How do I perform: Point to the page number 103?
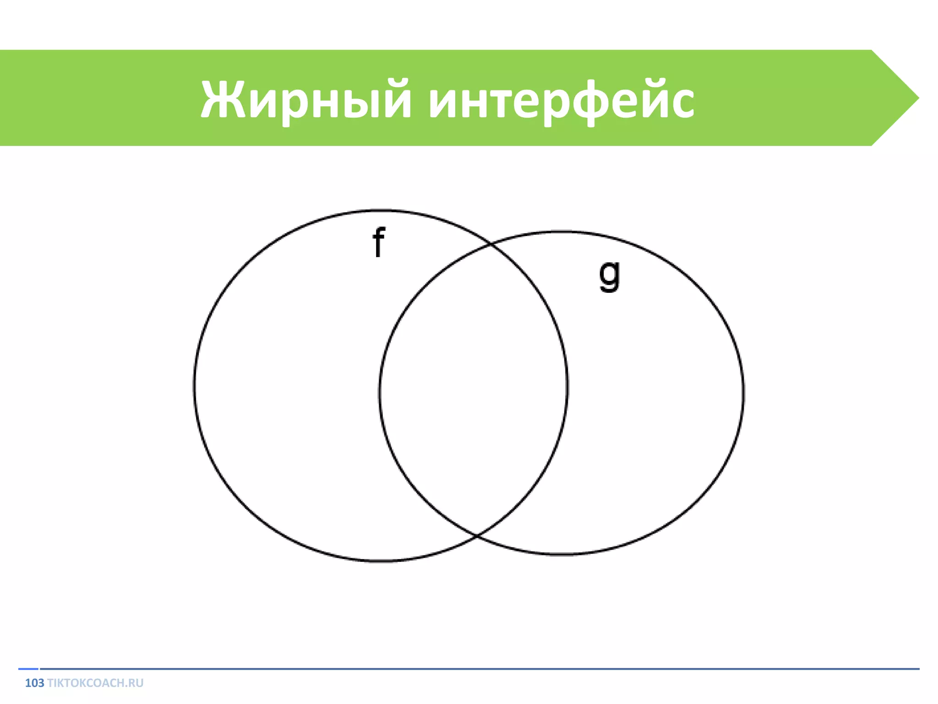click(34, 683)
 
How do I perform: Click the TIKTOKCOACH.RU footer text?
click(95, 683)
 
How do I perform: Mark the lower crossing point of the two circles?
click(476, 535)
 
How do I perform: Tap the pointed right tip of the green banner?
click(917, 98)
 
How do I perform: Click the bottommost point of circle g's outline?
click(562, 554)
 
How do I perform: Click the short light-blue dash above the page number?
click(28, 669)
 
